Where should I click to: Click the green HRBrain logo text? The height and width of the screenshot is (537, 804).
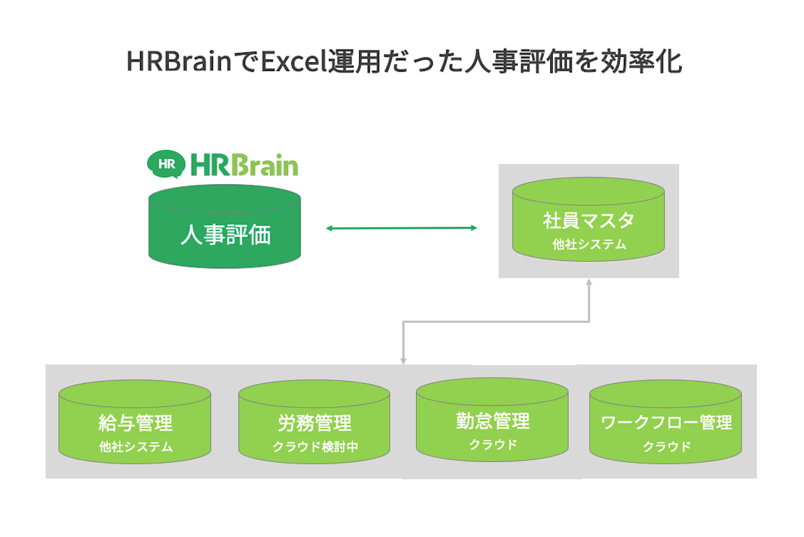point(244,165)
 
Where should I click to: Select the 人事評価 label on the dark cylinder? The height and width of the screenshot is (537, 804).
point(225,236)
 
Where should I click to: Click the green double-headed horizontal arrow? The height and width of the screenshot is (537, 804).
point(401,228)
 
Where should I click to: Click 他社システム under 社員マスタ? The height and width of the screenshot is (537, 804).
point(588,245)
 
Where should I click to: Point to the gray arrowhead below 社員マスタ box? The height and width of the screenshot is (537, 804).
point(589,283)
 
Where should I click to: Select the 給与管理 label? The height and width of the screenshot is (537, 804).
point(135,423)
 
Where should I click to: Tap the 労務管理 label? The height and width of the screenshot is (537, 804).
point(314,423)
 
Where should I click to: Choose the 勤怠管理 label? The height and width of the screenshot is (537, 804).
point(492,420)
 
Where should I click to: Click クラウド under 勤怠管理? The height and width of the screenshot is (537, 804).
point(492,444)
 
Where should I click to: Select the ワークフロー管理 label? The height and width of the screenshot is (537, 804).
point(666,423)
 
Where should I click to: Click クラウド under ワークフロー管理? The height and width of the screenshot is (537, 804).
point(666,447)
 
